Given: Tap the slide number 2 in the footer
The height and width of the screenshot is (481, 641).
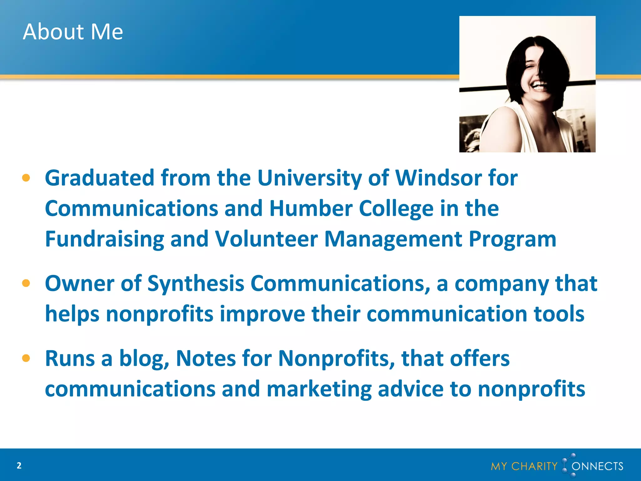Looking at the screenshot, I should (19, 466).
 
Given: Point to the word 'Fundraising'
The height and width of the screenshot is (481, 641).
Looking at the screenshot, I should (105, 239).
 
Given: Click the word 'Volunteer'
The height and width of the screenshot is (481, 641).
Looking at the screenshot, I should (266, 239).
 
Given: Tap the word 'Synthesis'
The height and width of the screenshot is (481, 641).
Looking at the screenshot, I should (196, 283).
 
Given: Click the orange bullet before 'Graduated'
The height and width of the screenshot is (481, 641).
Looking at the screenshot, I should (26, 178).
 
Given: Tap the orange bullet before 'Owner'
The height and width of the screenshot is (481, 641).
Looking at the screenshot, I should (26, 283).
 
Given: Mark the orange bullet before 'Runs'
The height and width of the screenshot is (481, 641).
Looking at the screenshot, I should (26, 358).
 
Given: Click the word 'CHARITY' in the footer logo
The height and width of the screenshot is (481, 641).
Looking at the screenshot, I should (534, 466).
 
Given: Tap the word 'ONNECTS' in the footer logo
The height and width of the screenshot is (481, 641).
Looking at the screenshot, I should (597, 466).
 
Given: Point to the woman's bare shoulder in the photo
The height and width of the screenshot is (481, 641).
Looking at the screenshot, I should (501, 125).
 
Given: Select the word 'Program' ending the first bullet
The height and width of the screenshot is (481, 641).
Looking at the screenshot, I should (513, 239).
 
